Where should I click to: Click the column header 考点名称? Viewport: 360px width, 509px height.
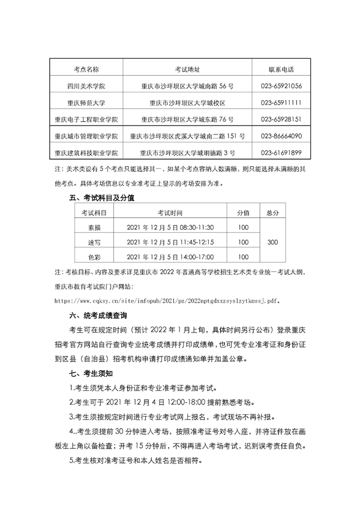click(86, 70)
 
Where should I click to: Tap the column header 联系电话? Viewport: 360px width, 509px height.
click(281, 70)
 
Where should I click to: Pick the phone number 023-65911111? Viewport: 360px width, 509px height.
click(281, 103)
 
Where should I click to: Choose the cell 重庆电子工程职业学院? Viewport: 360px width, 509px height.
click(86, 119)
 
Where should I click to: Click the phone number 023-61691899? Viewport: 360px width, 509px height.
click(281, 152)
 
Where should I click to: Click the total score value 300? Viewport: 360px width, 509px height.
click(272, 242)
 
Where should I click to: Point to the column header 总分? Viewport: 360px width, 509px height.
click(272, 213)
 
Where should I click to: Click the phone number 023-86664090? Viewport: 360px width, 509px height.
click(281, 136)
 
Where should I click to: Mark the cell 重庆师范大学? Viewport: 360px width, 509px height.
click(86, 103)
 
